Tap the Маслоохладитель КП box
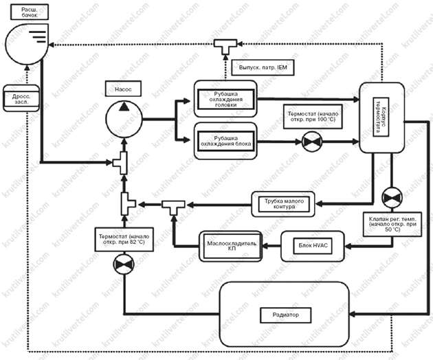231,245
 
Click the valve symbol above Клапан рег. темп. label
391,197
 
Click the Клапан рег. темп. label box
392,223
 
